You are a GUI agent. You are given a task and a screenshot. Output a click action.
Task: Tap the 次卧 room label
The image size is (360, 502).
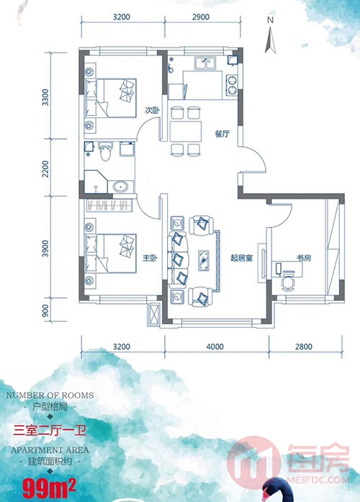point(152,110)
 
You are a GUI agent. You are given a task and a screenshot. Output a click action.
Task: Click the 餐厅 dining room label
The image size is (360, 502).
point(222,133)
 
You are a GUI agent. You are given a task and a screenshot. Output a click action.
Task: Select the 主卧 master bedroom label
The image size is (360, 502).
point(150,258)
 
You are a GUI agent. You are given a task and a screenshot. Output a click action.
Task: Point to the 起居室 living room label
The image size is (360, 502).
point(242,258)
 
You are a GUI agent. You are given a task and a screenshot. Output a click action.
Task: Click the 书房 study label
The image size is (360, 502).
point(304,257)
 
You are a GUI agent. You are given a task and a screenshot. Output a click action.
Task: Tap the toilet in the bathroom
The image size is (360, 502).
point(105,151)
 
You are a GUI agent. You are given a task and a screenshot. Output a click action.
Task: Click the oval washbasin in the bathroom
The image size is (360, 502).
point(121,187)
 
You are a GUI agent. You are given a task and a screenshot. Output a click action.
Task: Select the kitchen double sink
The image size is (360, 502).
point(205,63)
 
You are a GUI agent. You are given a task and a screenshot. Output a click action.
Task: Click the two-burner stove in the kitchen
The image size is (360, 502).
point(232,85)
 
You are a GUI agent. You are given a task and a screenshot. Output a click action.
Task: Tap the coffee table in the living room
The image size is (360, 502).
point(204,260)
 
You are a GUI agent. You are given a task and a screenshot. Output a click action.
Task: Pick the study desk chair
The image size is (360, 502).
point(288,282)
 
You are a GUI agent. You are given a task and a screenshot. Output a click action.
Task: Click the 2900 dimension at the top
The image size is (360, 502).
point(201,17)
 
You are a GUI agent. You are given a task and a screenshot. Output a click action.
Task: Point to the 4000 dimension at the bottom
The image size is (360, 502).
point(215,346)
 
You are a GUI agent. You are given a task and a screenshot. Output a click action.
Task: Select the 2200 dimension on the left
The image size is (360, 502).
point(45,169)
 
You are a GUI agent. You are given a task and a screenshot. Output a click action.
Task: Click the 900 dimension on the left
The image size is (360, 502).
point(45,310)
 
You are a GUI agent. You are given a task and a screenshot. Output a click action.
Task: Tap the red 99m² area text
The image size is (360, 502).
point(49,488)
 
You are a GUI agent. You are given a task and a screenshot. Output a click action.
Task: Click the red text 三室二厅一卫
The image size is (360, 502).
point(50,430)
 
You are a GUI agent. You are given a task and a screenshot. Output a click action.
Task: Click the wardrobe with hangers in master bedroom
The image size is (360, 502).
point(109,205)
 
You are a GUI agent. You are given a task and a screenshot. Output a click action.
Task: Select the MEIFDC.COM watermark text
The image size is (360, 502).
point(318,480)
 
